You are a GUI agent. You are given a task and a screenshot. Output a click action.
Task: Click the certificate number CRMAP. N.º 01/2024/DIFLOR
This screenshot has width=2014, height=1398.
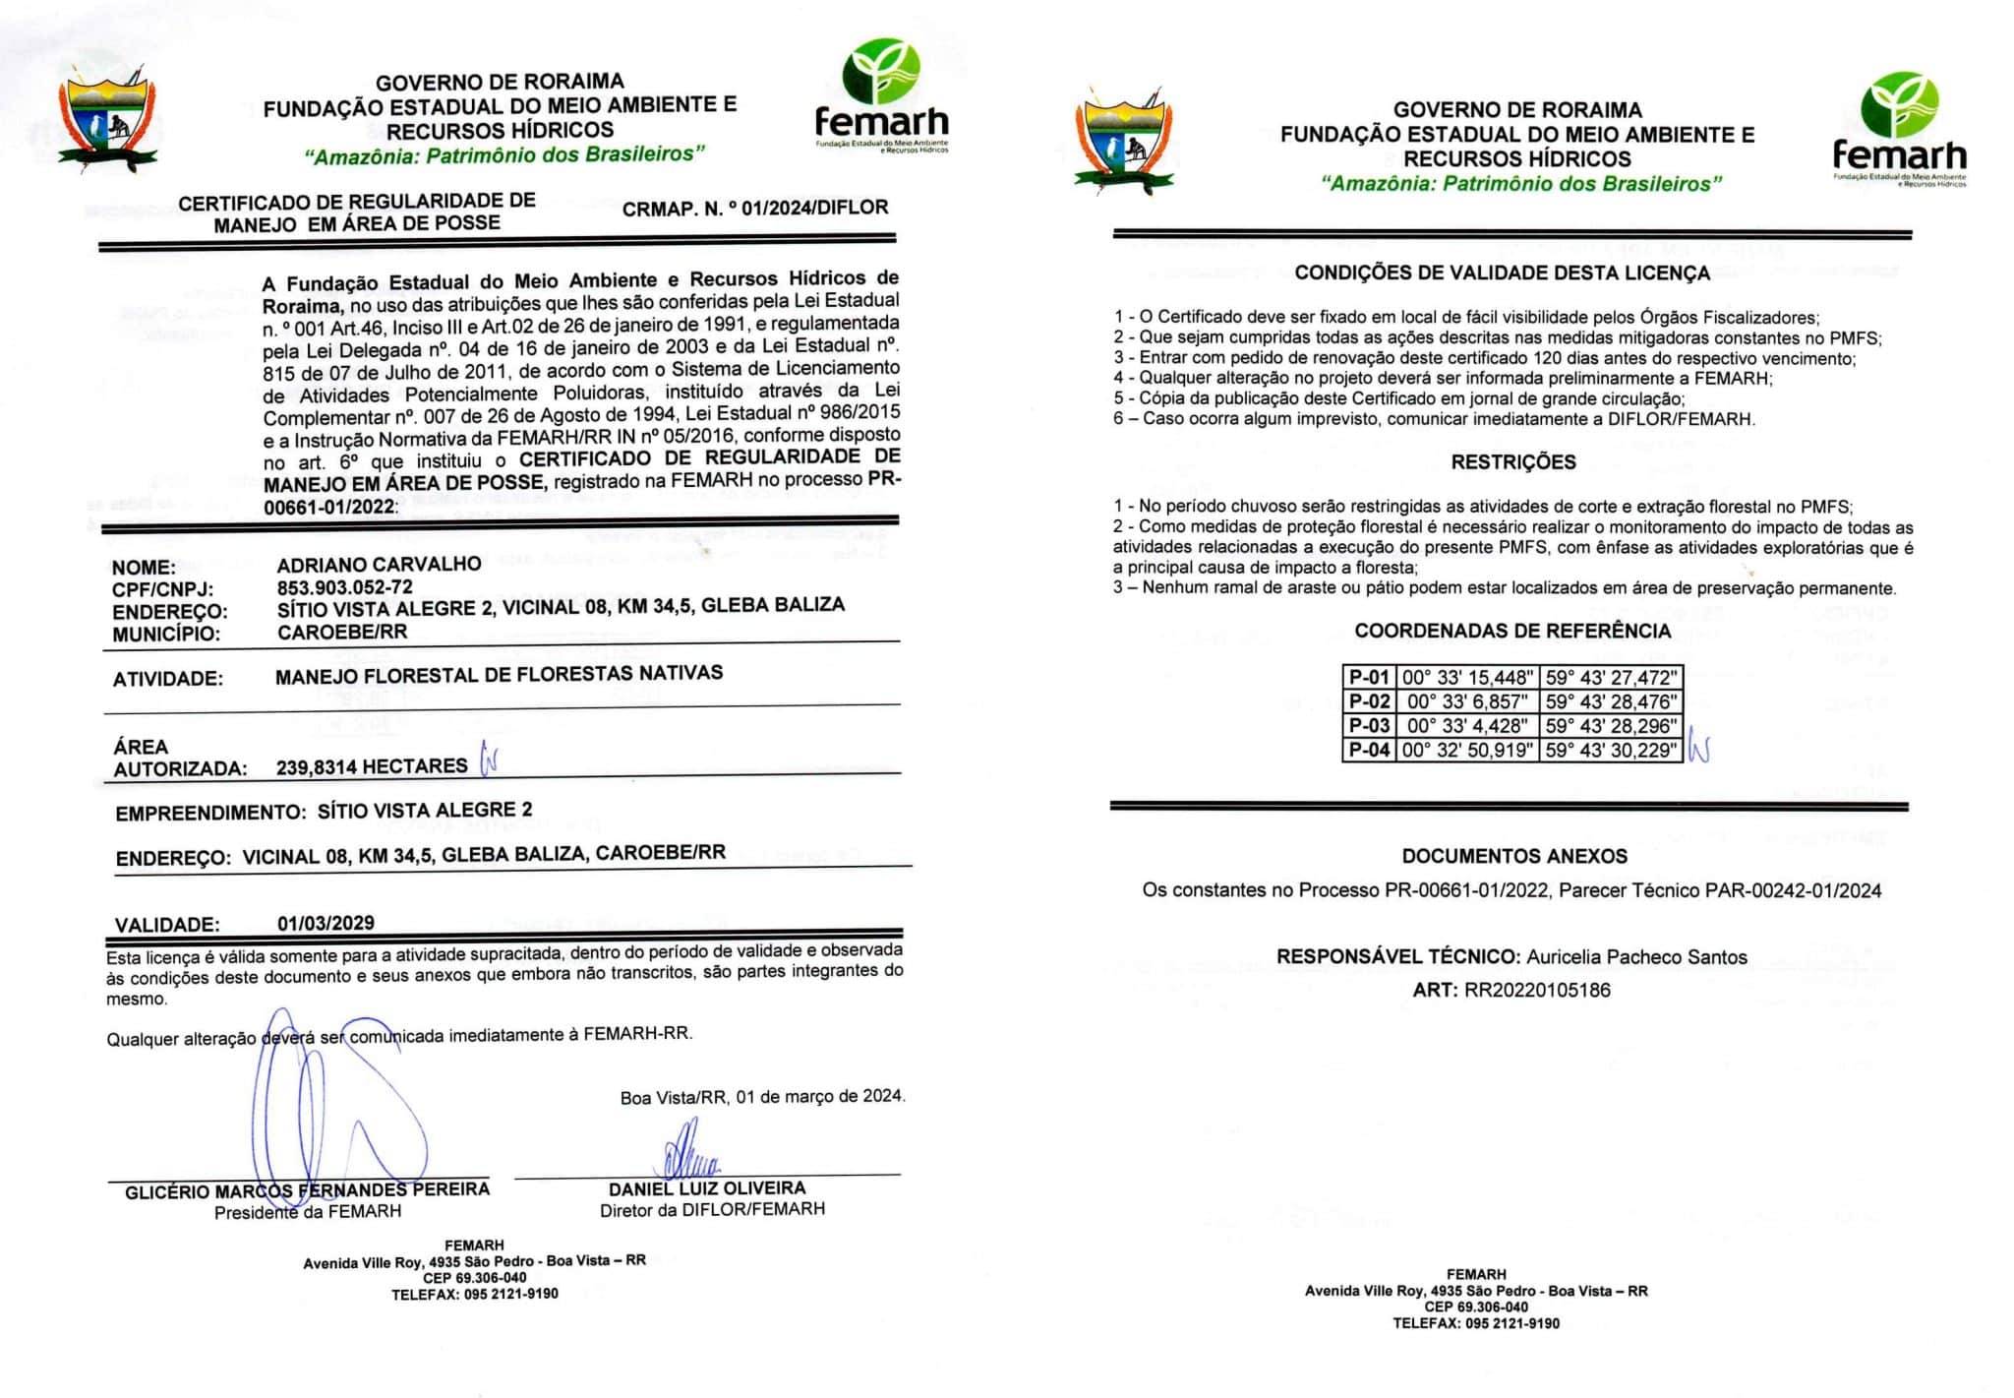[x=754, y=208]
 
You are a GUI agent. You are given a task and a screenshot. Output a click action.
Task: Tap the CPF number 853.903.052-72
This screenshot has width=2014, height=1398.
[x=344, y=587]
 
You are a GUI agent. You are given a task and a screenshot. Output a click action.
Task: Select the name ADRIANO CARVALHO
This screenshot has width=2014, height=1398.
[x=379, y=565]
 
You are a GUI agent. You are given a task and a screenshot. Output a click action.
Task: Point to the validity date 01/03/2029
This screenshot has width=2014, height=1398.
[x=326, y=923]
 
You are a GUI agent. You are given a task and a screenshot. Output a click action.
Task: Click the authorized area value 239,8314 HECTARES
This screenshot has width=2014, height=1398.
[x=372, y=766]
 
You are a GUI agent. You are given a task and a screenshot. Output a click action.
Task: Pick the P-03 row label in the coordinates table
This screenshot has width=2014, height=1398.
[x=1369, y=726]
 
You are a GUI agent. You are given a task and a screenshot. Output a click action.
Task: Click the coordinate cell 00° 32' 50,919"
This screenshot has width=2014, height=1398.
[x=1467, y=751]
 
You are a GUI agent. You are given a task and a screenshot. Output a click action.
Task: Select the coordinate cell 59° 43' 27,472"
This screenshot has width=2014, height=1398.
[x=1610, y=678]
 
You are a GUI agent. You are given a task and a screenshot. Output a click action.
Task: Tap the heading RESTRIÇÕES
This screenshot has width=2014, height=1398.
[x=1512, y=462]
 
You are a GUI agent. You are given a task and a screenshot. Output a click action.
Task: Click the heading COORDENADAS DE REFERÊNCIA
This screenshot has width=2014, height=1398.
[x=1512, y=631]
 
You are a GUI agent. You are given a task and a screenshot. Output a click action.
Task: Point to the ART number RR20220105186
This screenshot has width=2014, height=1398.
[x=1537, y=991]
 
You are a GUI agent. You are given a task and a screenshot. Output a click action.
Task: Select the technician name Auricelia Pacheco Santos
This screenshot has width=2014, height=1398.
[x=1636, y=957]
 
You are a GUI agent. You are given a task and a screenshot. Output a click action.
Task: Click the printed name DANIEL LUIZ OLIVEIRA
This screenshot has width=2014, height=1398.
[x=706, y=1188]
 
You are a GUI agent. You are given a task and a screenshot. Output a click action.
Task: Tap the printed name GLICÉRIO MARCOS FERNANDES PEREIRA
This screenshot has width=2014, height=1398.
[x=307, y=1191]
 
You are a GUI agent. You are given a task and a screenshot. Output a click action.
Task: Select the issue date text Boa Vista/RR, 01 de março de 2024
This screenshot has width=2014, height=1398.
[x=762, y=1097]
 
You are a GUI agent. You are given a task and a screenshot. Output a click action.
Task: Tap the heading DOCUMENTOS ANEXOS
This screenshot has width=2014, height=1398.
[x=1514, y=857]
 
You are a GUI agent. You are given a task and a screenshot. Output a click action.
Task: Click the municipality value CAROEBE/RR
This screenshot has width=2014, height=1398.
[x=341, y=633]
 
